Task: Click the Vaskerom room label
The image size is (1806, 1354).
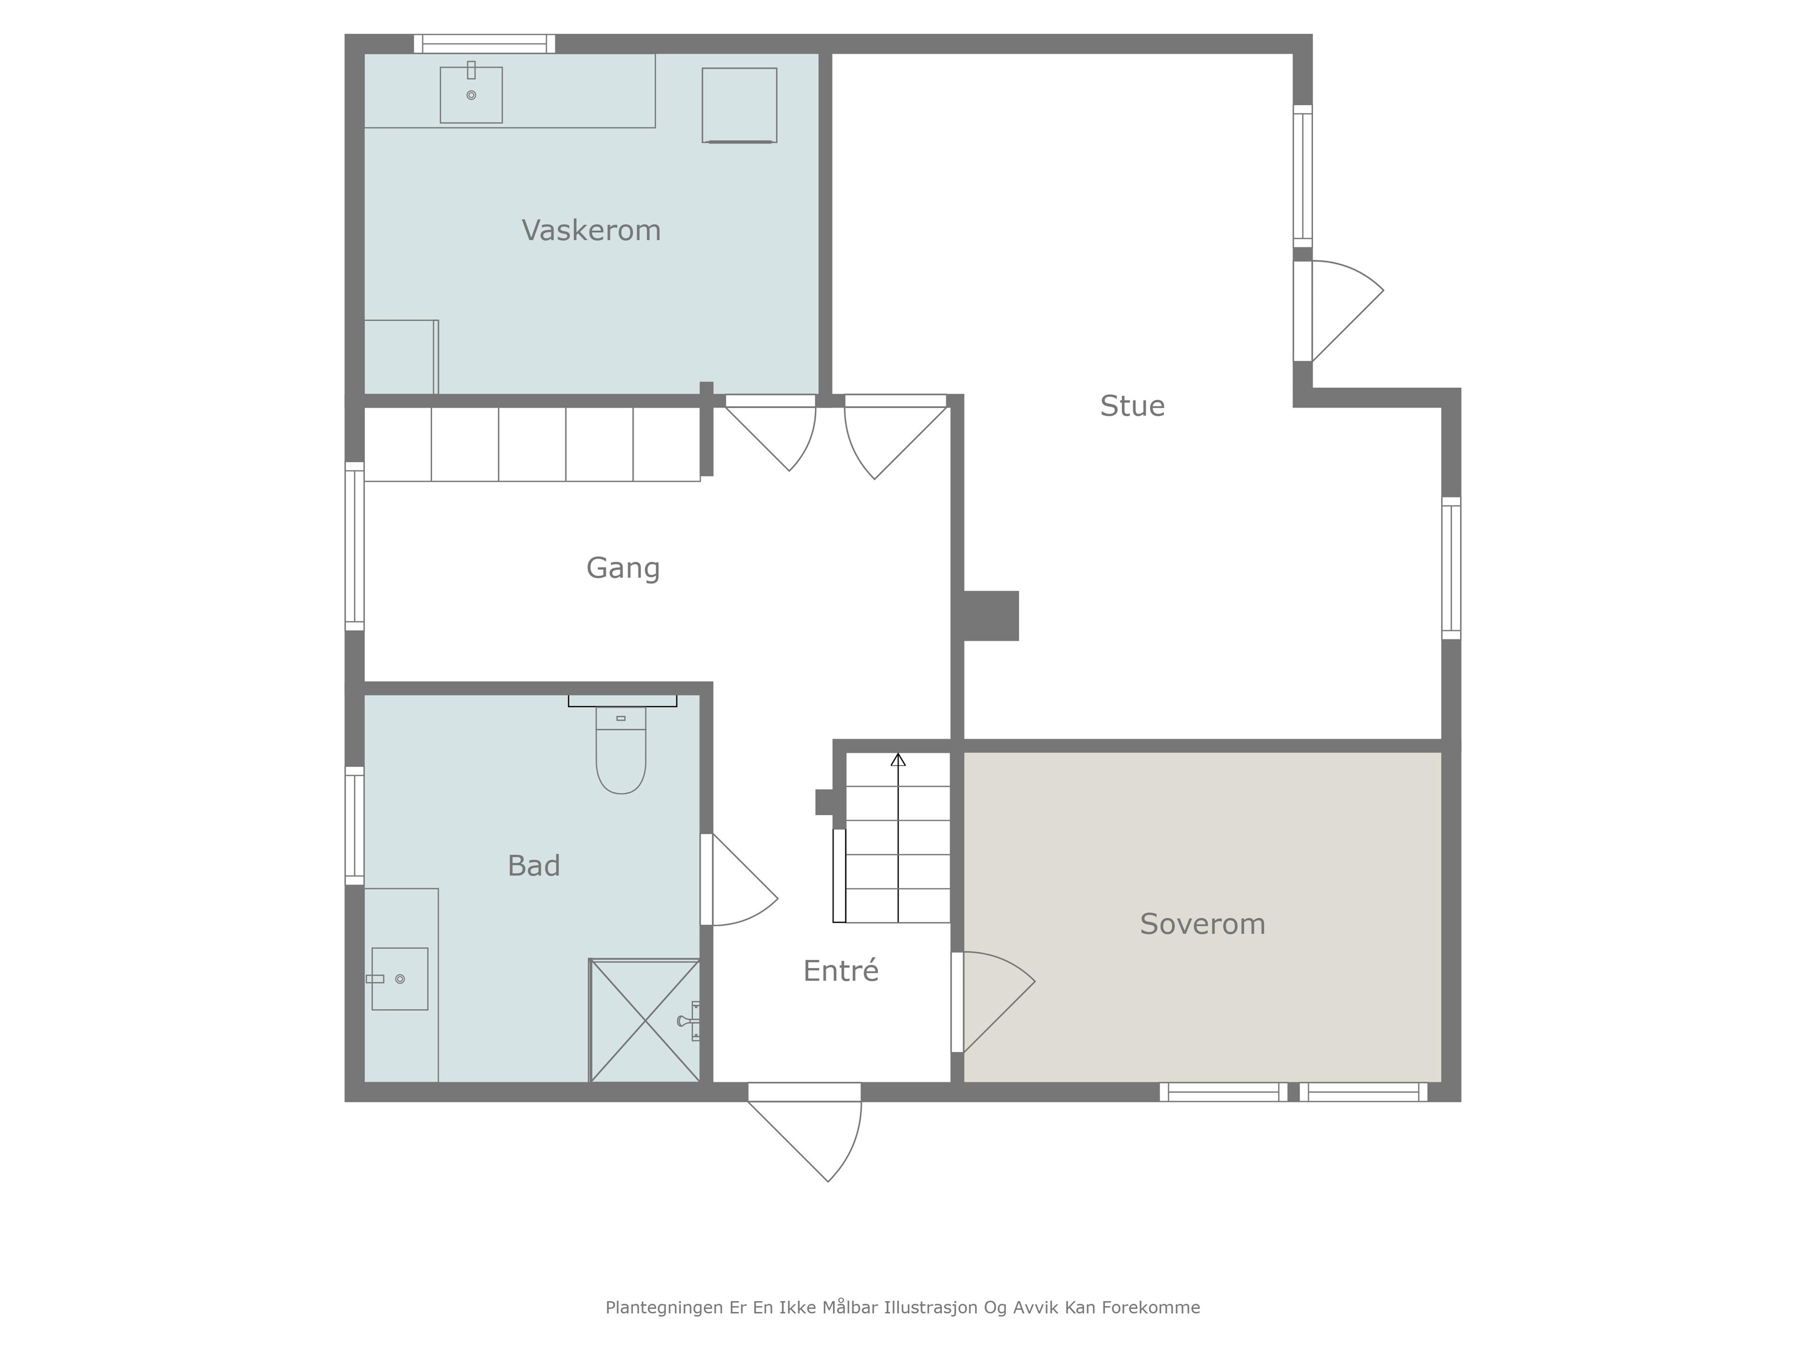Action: pos(591,230)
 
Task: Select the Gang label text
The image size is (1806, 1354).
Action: pos(623,568)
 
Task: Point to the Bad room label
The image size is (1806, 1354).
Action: pos(534,865)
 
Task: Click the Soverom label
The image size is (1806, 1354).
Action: pos(1203,924)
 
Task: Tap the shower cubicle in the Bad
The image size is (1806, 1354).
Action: pos(645,1020)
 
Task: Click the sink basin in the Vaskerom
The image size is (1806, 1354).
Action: pos(471,94)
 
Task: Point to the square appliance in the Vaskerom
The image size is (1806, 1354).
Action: pos(740,105)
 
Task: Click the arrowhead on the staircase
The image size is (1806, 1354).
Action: pos(898,760)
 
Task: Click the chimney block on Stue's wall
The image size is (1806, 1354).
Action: pos(991,615)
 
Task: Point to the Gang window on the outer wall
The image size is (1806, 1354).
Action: pos(354,546)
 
